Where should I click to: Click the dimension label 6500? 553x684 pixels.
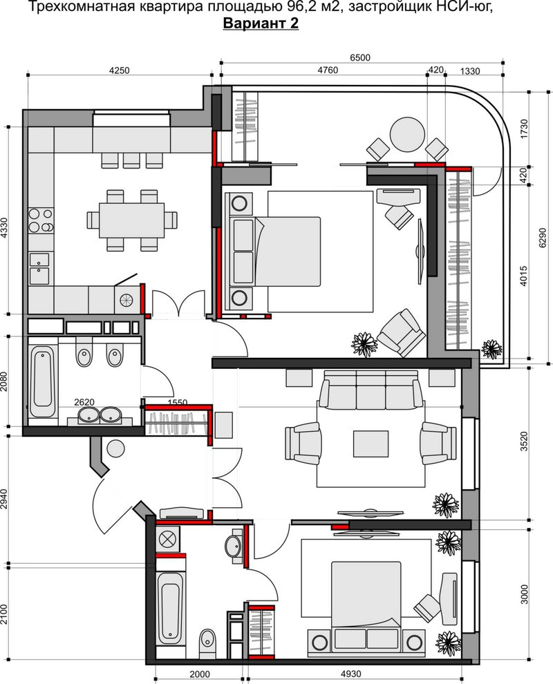pyautogui.click(x=360, y=57)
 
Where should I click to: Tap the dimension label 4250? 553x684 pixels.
pyautogui.click(x=119, y=70)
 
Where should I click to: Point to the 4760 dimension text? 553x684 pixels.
pyautogui.click(x=328, y=70)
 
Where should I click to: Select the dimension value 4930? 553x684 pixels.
pyautogui.click(x=351, y=674)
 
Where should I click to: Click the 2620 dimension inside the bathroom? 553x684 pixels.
pyautogui.click(x=84, y=402)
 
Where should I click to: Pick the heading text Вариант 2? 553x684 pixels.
pyautogui.click(x=261, y=23)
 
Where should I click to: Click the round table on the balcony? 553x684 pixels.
pyautogui.click(x=407, y=135)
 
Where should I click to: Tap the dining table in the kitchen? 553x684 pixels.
pyautogui.click(x=132, y=220)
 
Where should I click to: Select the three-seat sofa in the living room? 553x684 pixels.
pyautogui.click(x=371, y=390)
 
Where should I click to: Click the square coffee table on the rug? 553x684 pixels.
pyautogui.click(x=371, y=444)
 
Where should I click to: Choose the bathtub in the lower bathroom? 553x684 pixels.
pyautogui.click(x=170, y=609)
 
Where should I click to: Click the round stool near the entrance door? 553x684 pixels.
pyautogui.click(x=115, y=448)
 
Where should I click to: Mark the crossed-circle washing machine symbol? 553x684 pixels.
pyautogui.click(x=167, y=540)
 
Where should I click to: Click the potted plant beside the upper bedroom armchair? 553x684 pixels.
pyautogui.click(x=364, y=343)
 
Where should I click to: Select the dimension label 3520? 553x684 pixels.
pyautogui.click(x=524, y=443)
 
